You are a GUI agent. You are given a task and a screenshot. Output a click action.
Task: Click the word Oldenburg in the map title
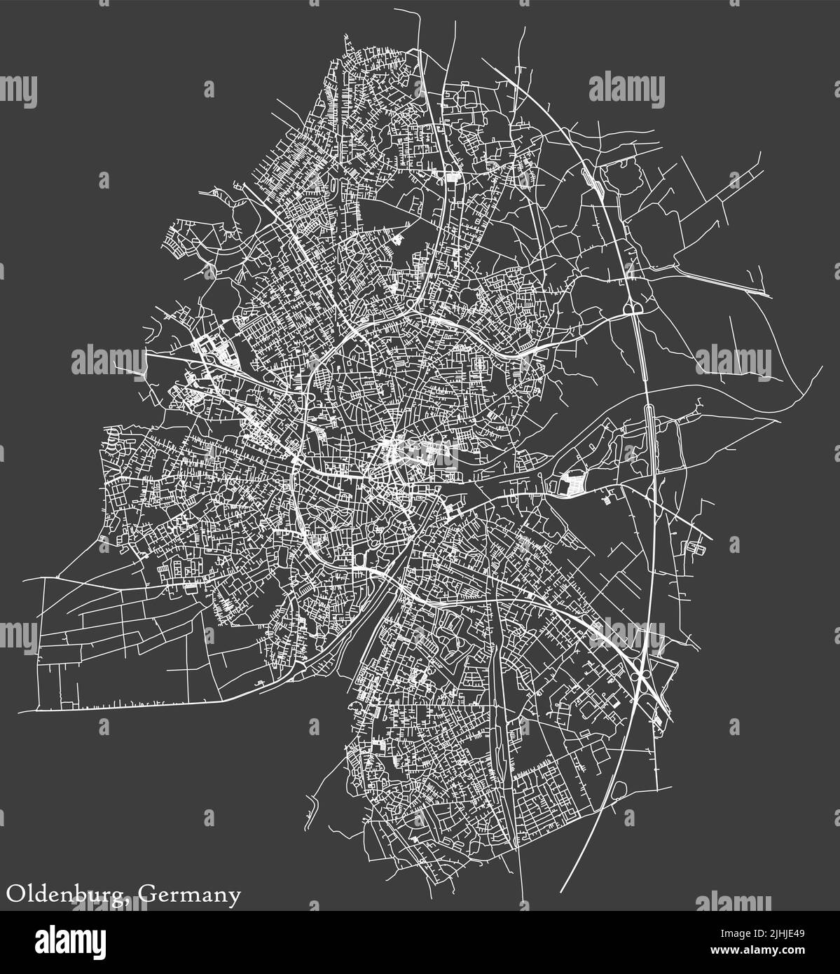pyautogui.click(x=66, y=895)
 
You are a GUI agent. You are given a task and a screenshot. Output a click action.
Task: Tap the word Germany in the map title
pyautogui.click(x=190, y=895)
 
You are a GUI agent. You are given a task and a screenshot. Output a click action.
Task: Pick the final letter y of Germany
pyautogui.click(x=235, y=898)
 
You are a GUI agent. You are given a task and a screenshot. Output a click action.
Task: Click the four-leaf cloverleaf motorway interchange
pyautogui.click(x=641, y=673)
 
